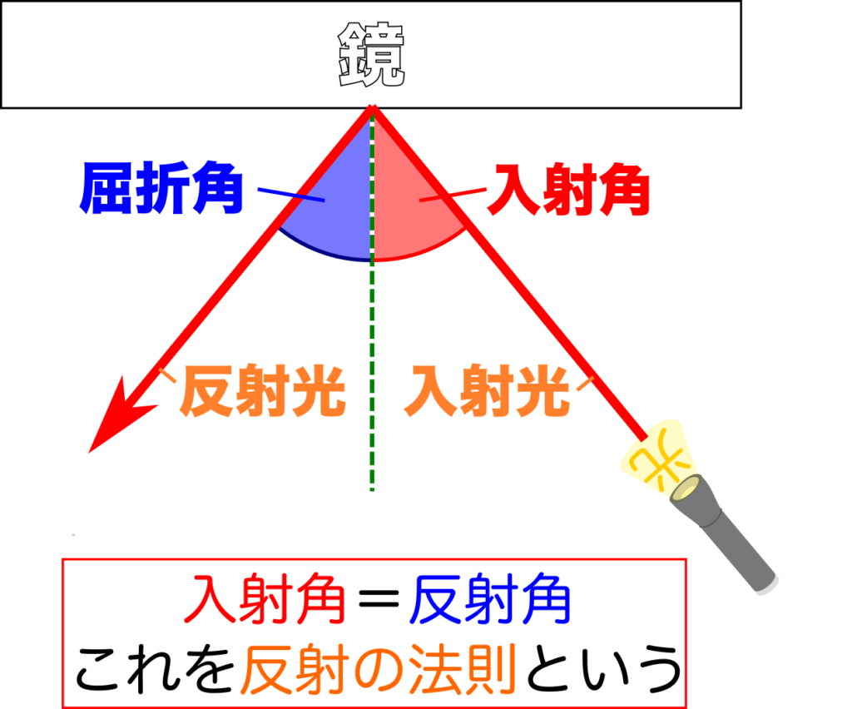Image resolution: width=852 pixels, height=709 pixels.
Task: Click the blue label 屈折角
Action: click(x=161, y=188)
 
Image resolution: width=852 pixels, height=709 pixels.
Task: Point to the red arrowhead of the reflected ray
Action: click(x=116, y=420)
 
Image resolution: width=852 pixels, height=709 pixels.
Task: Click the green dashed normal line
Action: click(x=372, y=374)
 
